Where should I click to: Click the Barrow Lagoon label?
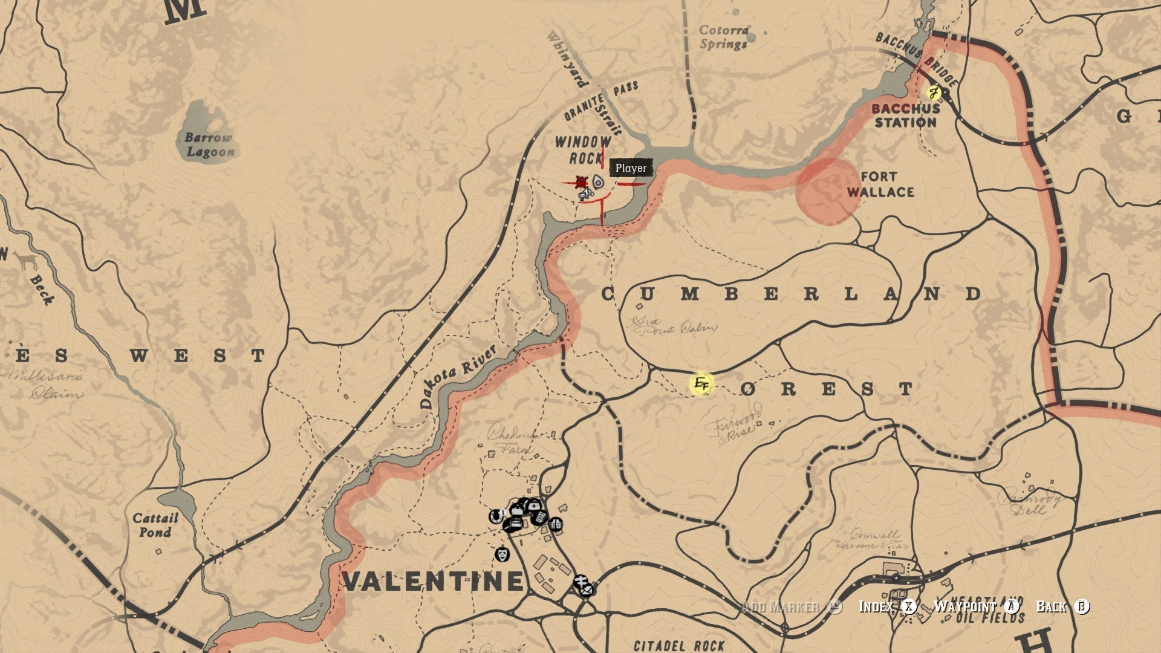pos(209,145)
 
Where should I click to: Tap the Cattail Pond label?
pos(155,525)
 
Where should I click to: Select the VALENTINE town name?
pos(432,581)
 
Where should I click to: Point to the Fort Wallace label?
pos(880,184)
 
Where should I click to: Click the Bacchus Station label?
pos(905,115)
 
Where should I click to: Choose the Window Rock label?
pos(583,150)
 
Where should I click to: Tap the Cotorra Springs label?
pos(724,37)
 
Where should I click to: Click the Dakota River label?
pos(458,378)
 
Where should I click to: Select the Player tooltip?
pos(631,168)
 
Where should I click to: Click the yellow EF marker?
pos(701,383)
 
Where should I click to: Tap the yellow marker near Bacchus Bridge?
pos(934,93)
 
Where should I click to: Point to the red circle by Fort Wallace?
pos(828,191)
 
